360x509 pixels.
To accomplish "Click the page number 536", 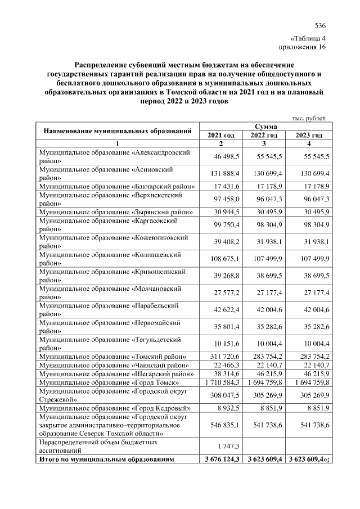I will point(320,26).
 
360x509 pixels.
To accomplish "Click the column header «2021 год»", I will point(221,136).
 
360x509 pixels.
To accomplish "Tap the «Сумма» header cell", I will point(264,127).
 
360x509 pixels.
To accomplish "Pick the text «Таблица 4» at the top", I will point(309,38).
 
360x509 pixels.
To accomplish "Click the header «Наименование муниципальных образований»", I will point(116,131).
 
